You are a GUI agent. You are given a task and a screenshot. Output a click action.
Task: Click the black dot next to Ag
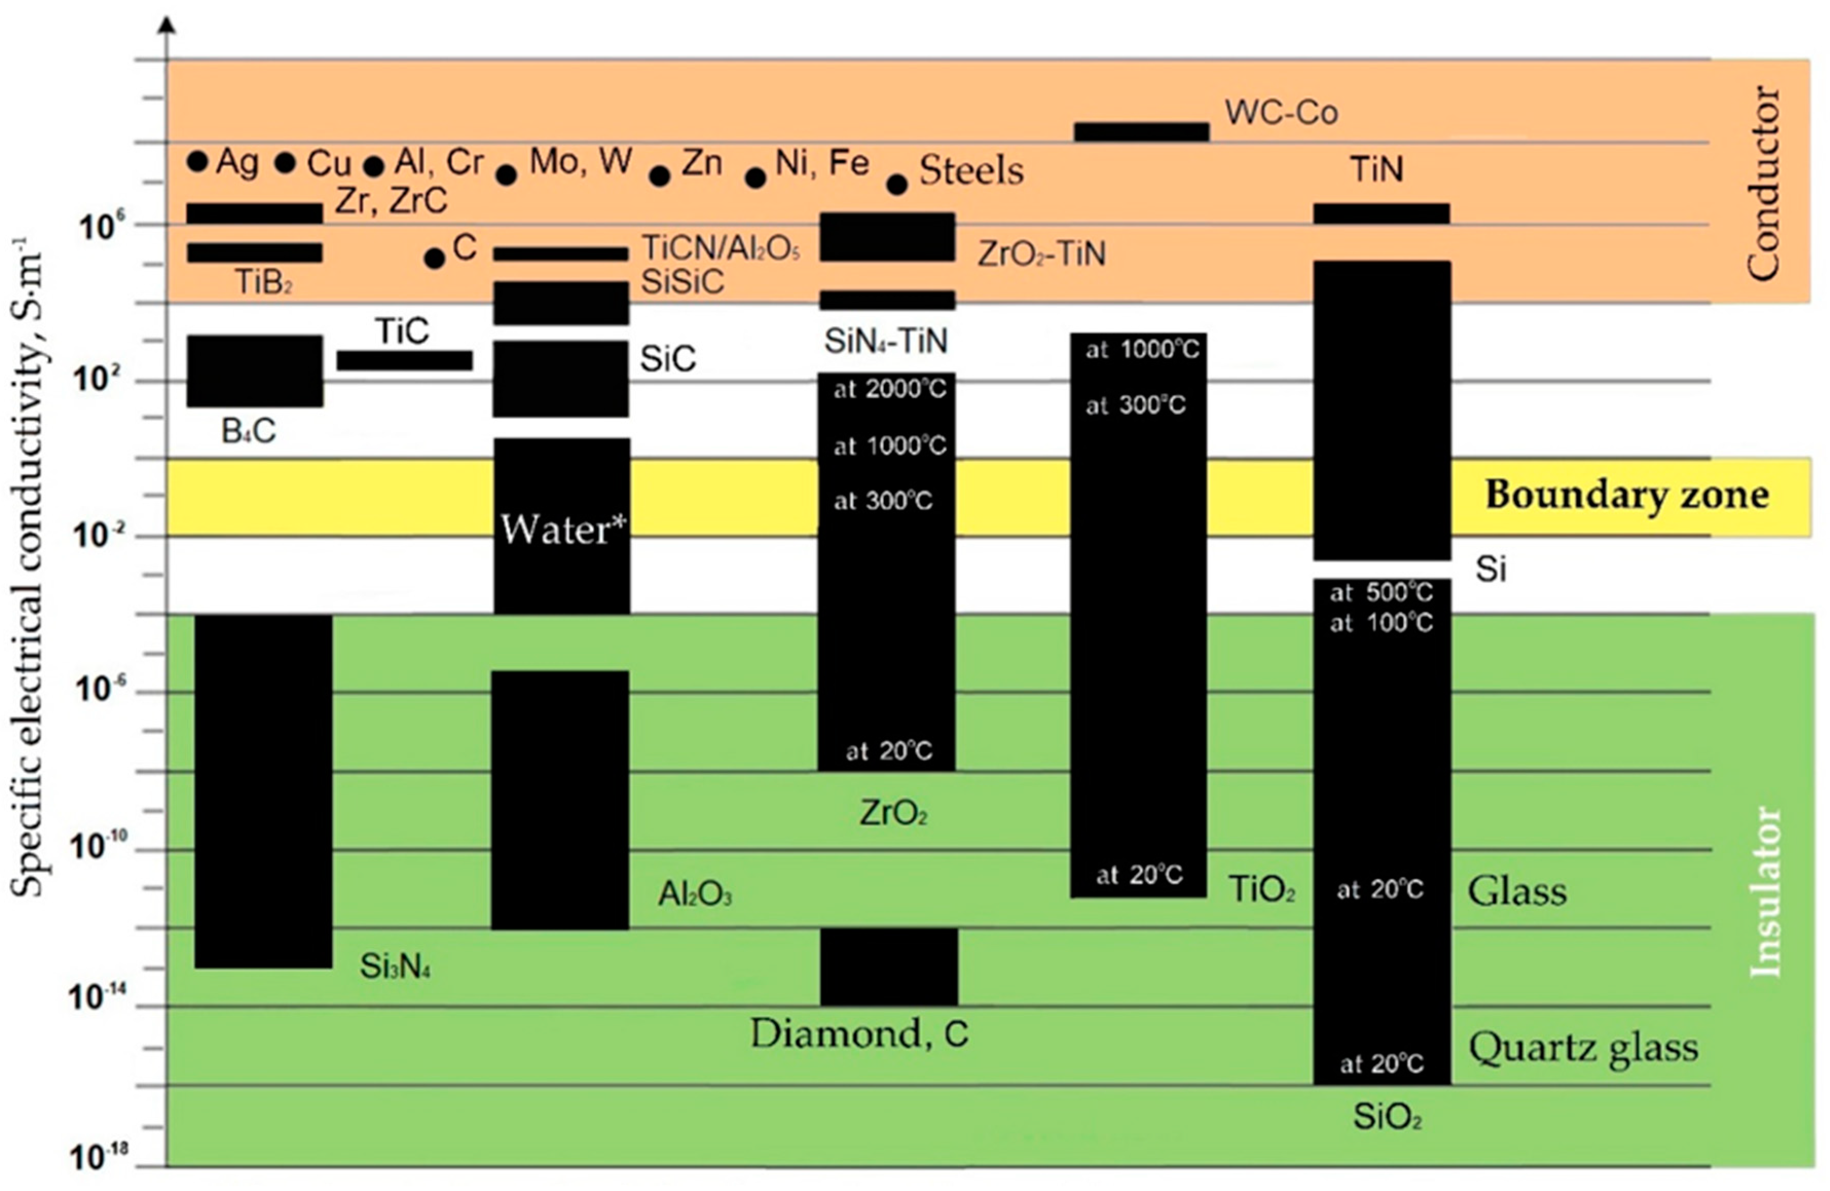198,161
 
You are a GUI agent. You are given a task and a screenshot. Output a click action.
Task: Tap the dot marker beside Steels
897,184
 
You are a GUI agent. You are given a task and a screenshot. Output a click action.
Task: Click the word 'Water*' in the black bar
563,529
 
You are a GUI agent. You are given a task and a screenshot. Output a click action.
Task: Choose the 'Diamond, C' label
859,1034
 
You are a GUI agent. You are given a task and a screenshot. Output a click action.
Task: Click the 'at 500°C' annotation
1381,592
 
